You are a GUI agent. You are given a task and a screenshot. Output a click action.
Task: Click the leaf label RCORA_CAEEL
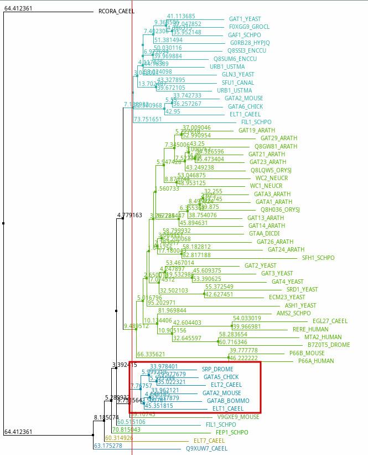coord(116,11)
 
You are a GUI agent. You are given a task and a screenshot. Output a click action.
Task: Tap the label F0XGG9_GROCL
coord(249,27)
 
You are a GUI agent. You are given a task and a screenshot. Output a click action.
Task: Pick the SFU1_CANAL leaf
coord(238,83)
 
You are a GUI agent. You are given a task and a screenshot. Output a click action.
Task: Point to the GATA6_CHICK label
coord(245,106)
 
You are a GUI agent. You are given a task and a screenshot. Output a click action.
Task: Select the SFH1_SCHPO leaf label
coord(318,258)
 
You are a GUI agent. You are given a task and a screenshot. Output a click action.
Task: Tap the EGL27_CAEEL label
coord(330,321)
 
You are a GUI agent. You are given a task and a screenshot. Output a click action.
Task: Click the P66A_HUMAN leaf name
coord(316,361)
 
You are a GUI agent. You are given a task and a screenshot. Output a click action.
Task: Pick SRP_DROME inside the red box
coord(217,369)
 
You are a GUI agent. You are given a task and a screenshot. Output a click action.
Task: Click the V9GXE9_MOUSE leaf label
coord(238,417)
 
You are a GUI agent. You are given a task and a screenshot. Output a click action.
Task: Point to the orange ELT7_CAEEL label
coord(209,441)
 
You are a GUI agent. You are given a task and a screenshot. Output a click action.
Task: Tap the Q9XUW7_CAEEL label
coord(206,448)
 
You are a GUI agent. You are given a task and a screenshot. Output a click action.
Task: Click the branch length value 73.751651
coord(148,119)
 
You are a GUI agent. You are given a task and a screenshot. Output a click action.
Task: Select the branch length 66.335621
coord(151,354)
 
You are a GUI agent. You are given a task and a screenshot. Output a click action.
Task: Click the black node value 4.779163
coord(129,215)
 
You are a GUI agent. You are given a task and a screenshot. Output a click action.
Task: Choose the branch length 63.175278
coord(107,446)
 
